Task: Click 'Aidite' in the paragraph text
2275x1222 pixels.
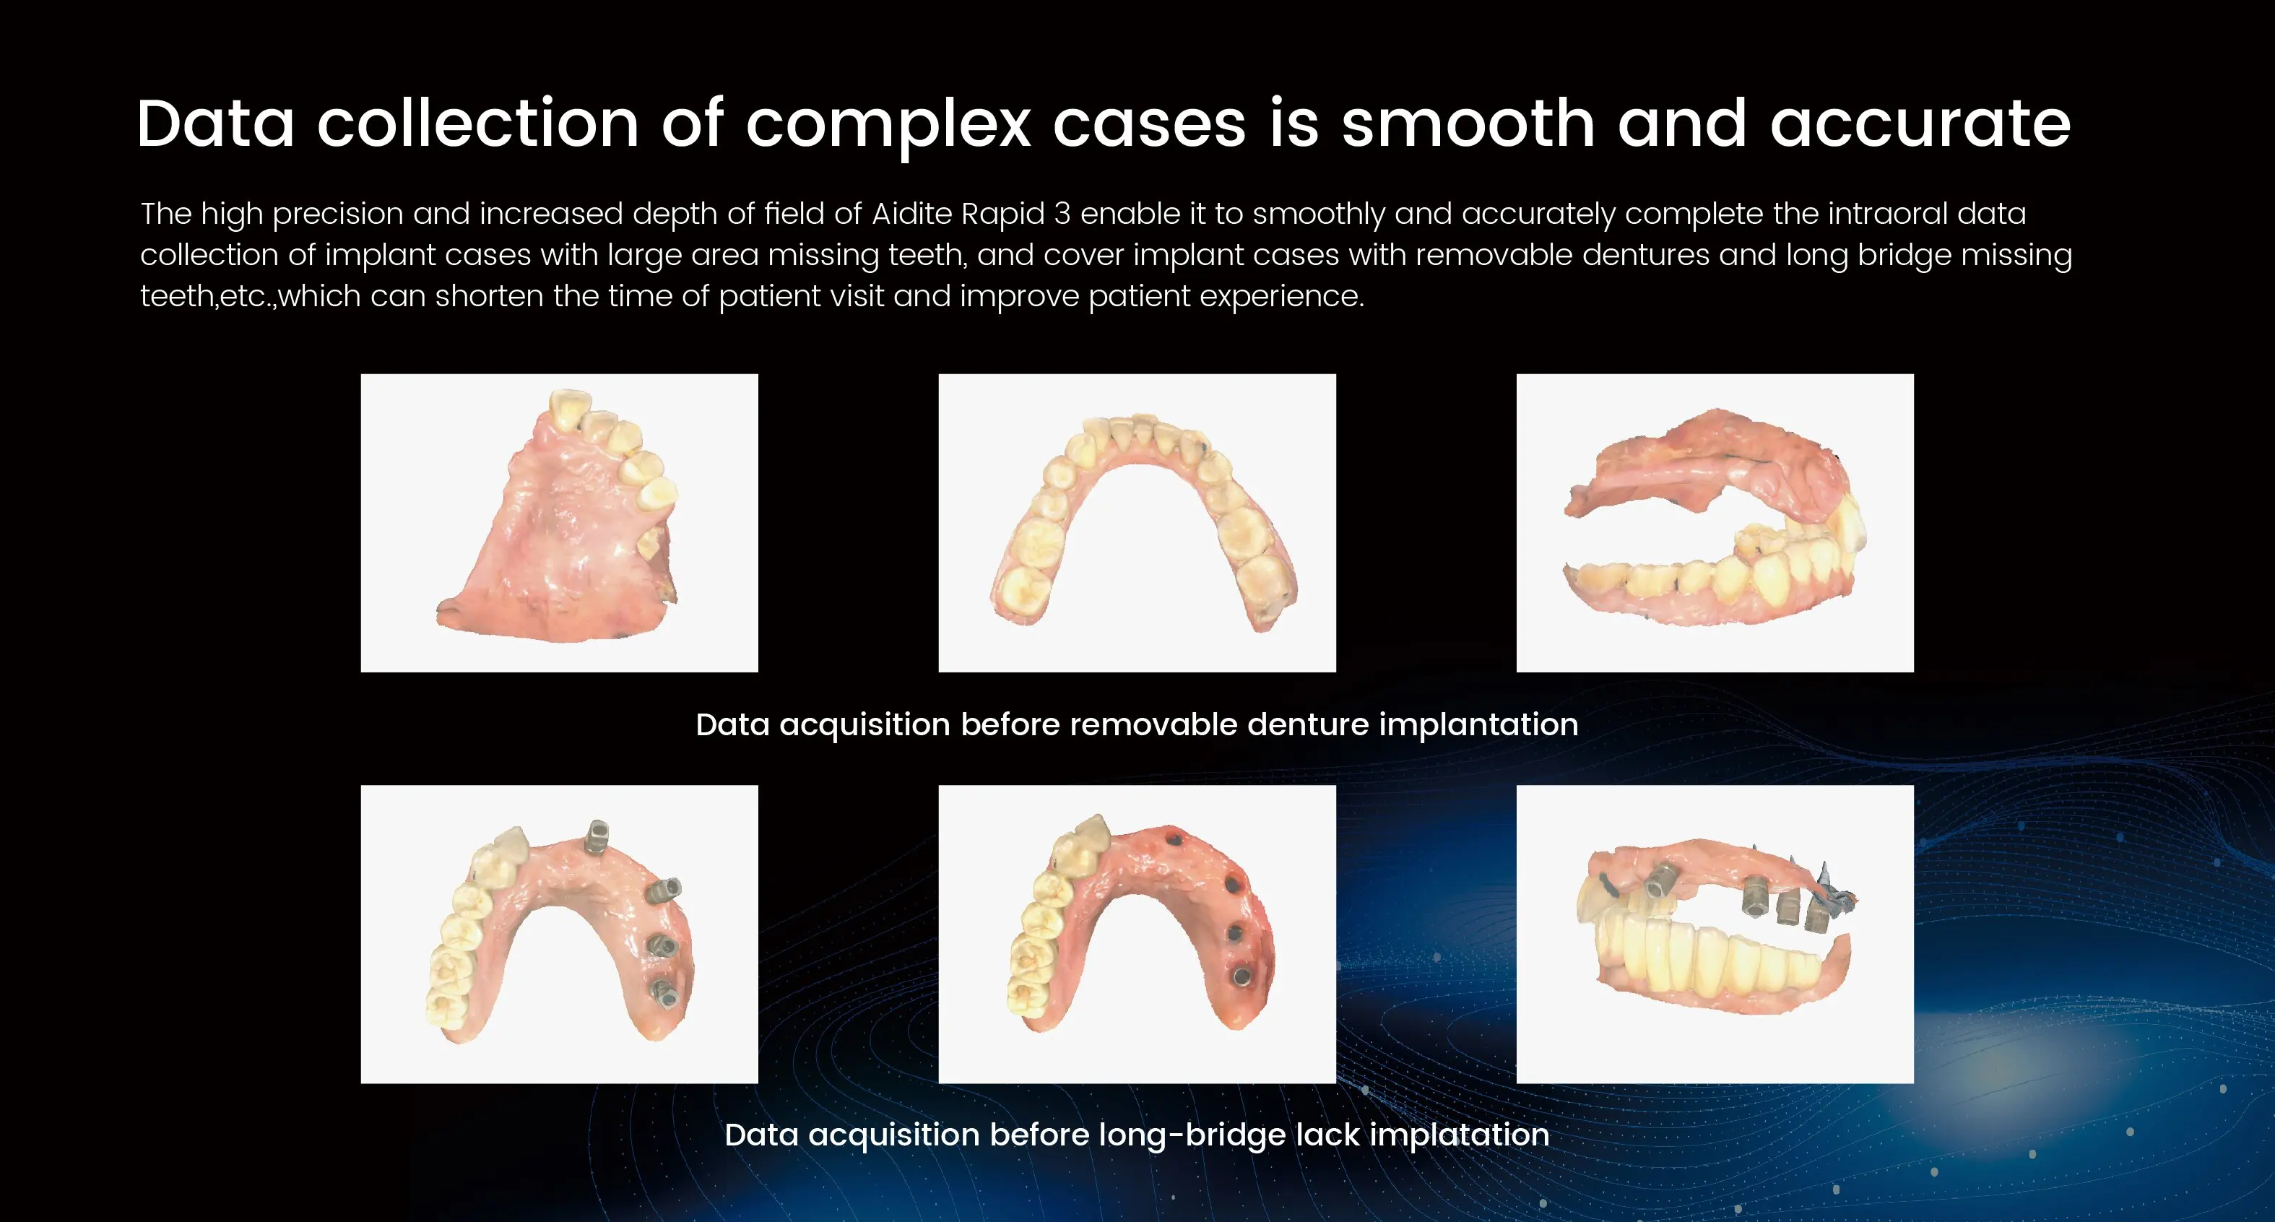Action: [911, 214]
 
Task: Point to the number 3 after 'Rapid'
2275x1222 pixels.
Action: [1062, 214]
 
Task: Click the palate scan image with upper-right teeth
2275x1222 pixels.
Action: [559, 523]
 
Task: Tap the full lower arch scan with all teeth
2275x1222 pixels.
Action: [1137, 523]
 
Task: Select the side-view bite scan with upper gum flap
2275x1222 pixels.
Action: [1715, 523]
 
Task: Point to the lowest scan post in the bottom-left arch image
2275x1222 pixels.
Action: [664, 992]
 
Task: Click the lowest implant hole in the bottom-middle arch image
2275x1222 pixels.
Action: [1241, 976]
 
